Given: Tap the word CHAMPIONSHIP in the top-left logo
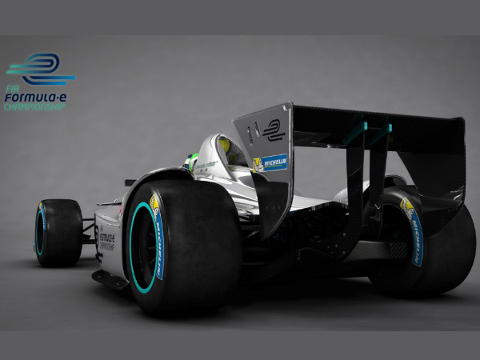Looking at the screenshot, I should click(x=34, y=107).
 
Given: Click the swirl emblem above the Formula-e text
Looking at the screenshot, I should click(x=39, y=69).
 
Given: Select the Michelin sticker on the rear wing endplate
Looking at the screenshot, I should click(x=270, y=163).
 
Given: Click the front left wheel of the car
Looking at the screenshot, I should click(x=58, y=233).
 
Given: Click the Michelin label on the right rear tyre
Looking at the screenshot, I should click(x=413, y=231).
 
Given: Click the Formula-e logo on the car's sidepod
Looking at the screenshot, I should click(x=106, y=239).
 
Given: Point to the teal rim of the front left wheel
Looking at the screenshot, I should click(x=39, y=232).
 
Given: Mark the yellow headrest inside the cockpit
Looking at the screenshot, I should click(x=225, y=146).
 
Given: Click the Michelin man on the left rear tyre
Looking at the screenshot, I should click(x=154, y=202).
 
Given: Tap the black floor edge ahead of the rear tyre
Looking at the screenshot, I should click(x=109, y=279).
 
